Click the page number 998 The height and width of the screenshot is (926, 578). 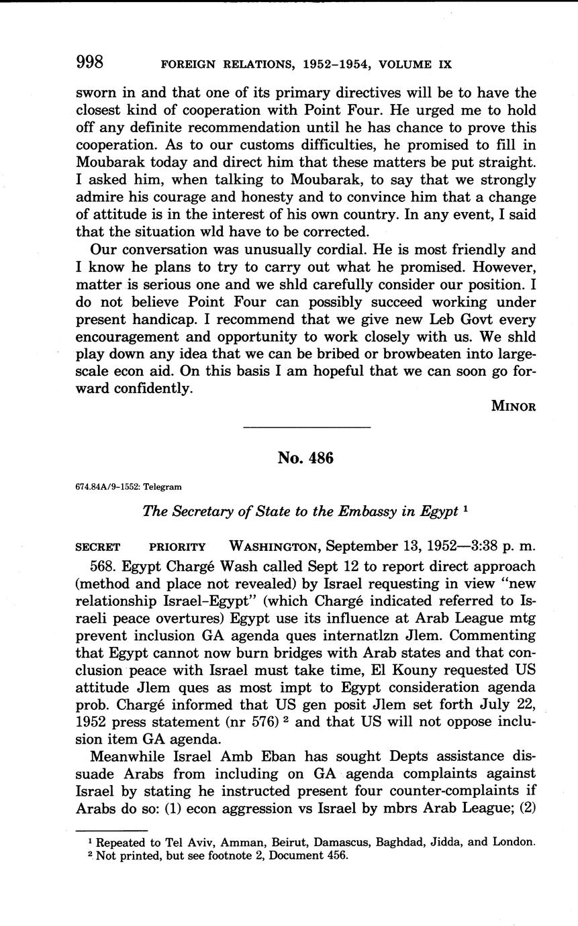coord(89,63)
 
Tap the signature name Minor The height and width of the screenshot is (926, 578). coord(514,406)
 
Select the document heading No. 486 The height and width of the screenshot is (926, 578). coord(305,458)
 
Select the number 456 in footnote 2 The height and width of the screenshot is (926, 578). coord(338,856)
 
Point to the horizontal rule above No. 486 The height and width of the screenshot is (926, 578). coord(305,427)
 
